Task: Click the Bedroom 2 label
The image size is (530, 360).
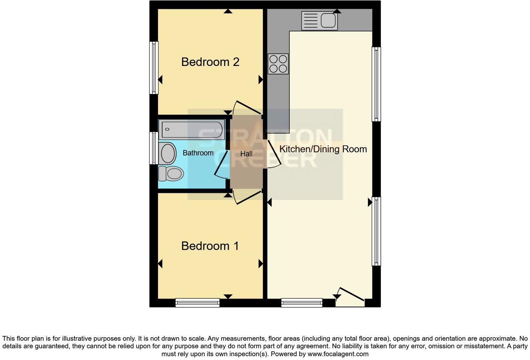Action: [x=210, y=62]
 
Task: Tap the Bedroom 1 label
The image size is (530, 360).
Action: [x=210, y=246]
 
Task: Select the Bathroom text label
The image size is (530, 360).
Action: [x=198, y=153]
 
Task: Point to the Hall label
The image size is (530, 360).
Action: [x=246, y=153]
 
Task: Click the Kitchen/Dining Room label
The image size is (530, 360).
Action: [x=323, y=149]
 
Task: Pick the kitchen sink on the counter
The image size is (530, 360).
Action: [x=319, y=21]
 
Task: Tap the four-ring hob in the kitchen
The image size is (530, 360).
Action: [x=278, y=64]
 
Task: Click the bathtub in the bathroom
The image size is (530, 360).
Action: [x=192, y=129]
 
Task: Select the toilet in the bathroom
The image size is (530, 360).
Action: [x=171, y=173]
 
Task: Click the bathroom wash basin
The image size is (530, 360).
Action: [x=168, y=153]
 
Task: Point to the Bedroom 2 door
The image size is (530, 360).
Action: [x=248, y=107]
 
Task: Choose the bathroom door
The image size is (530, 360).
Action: [x=220, y=163]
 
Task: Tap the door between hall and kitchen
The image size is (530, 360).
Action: [x=274, y=153]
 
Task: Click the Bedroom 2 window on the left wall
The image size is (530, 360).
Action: [x=154, y=68]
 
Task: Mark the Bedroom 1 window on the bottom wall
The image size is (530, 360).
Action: [x=197, y=302]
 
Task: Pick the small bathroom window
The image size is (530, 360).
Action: [x=153, y=148]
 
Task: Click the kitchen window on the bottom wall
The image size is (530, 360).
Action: [x=302, y=302]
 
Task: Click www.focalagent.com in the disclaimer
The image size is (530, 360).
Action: [x=338, y=354]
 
